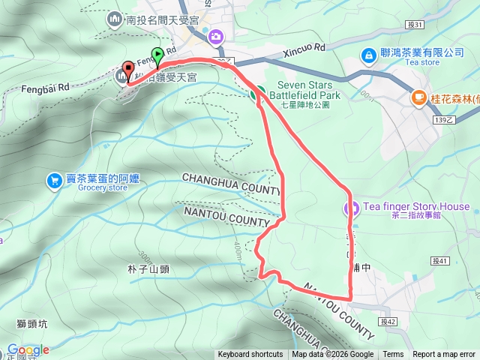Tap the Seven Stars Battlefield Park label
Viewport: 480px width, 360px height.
click(x=309, y=90)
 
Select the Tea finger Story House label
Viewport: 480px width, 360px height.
click(x=417, y=206)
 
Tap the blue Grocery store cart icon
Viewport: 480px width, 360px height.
click(x=54, y=180)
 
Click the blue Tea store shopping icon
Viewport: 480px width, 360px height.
click(x=368, y=55)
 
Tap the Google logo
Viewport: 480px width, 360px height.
click(x=28, y=349)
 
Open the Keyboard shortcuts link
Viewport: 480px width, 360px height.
click(x=250, y=355)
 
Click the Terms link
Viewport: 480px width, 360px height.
click(x=393, y=355)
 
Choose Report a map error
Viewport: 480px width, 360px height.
click(x=444, y=355)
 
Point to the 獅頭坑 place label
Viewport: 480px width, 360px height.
click(x=31, y=324)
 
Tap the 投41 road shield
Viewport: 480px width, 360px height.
click(x=440, y=261)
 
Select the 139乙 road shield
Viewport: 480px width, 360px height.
click(x=444, y=119)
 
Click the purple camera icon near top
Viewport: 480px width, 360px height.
click(x=216, y=36)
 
